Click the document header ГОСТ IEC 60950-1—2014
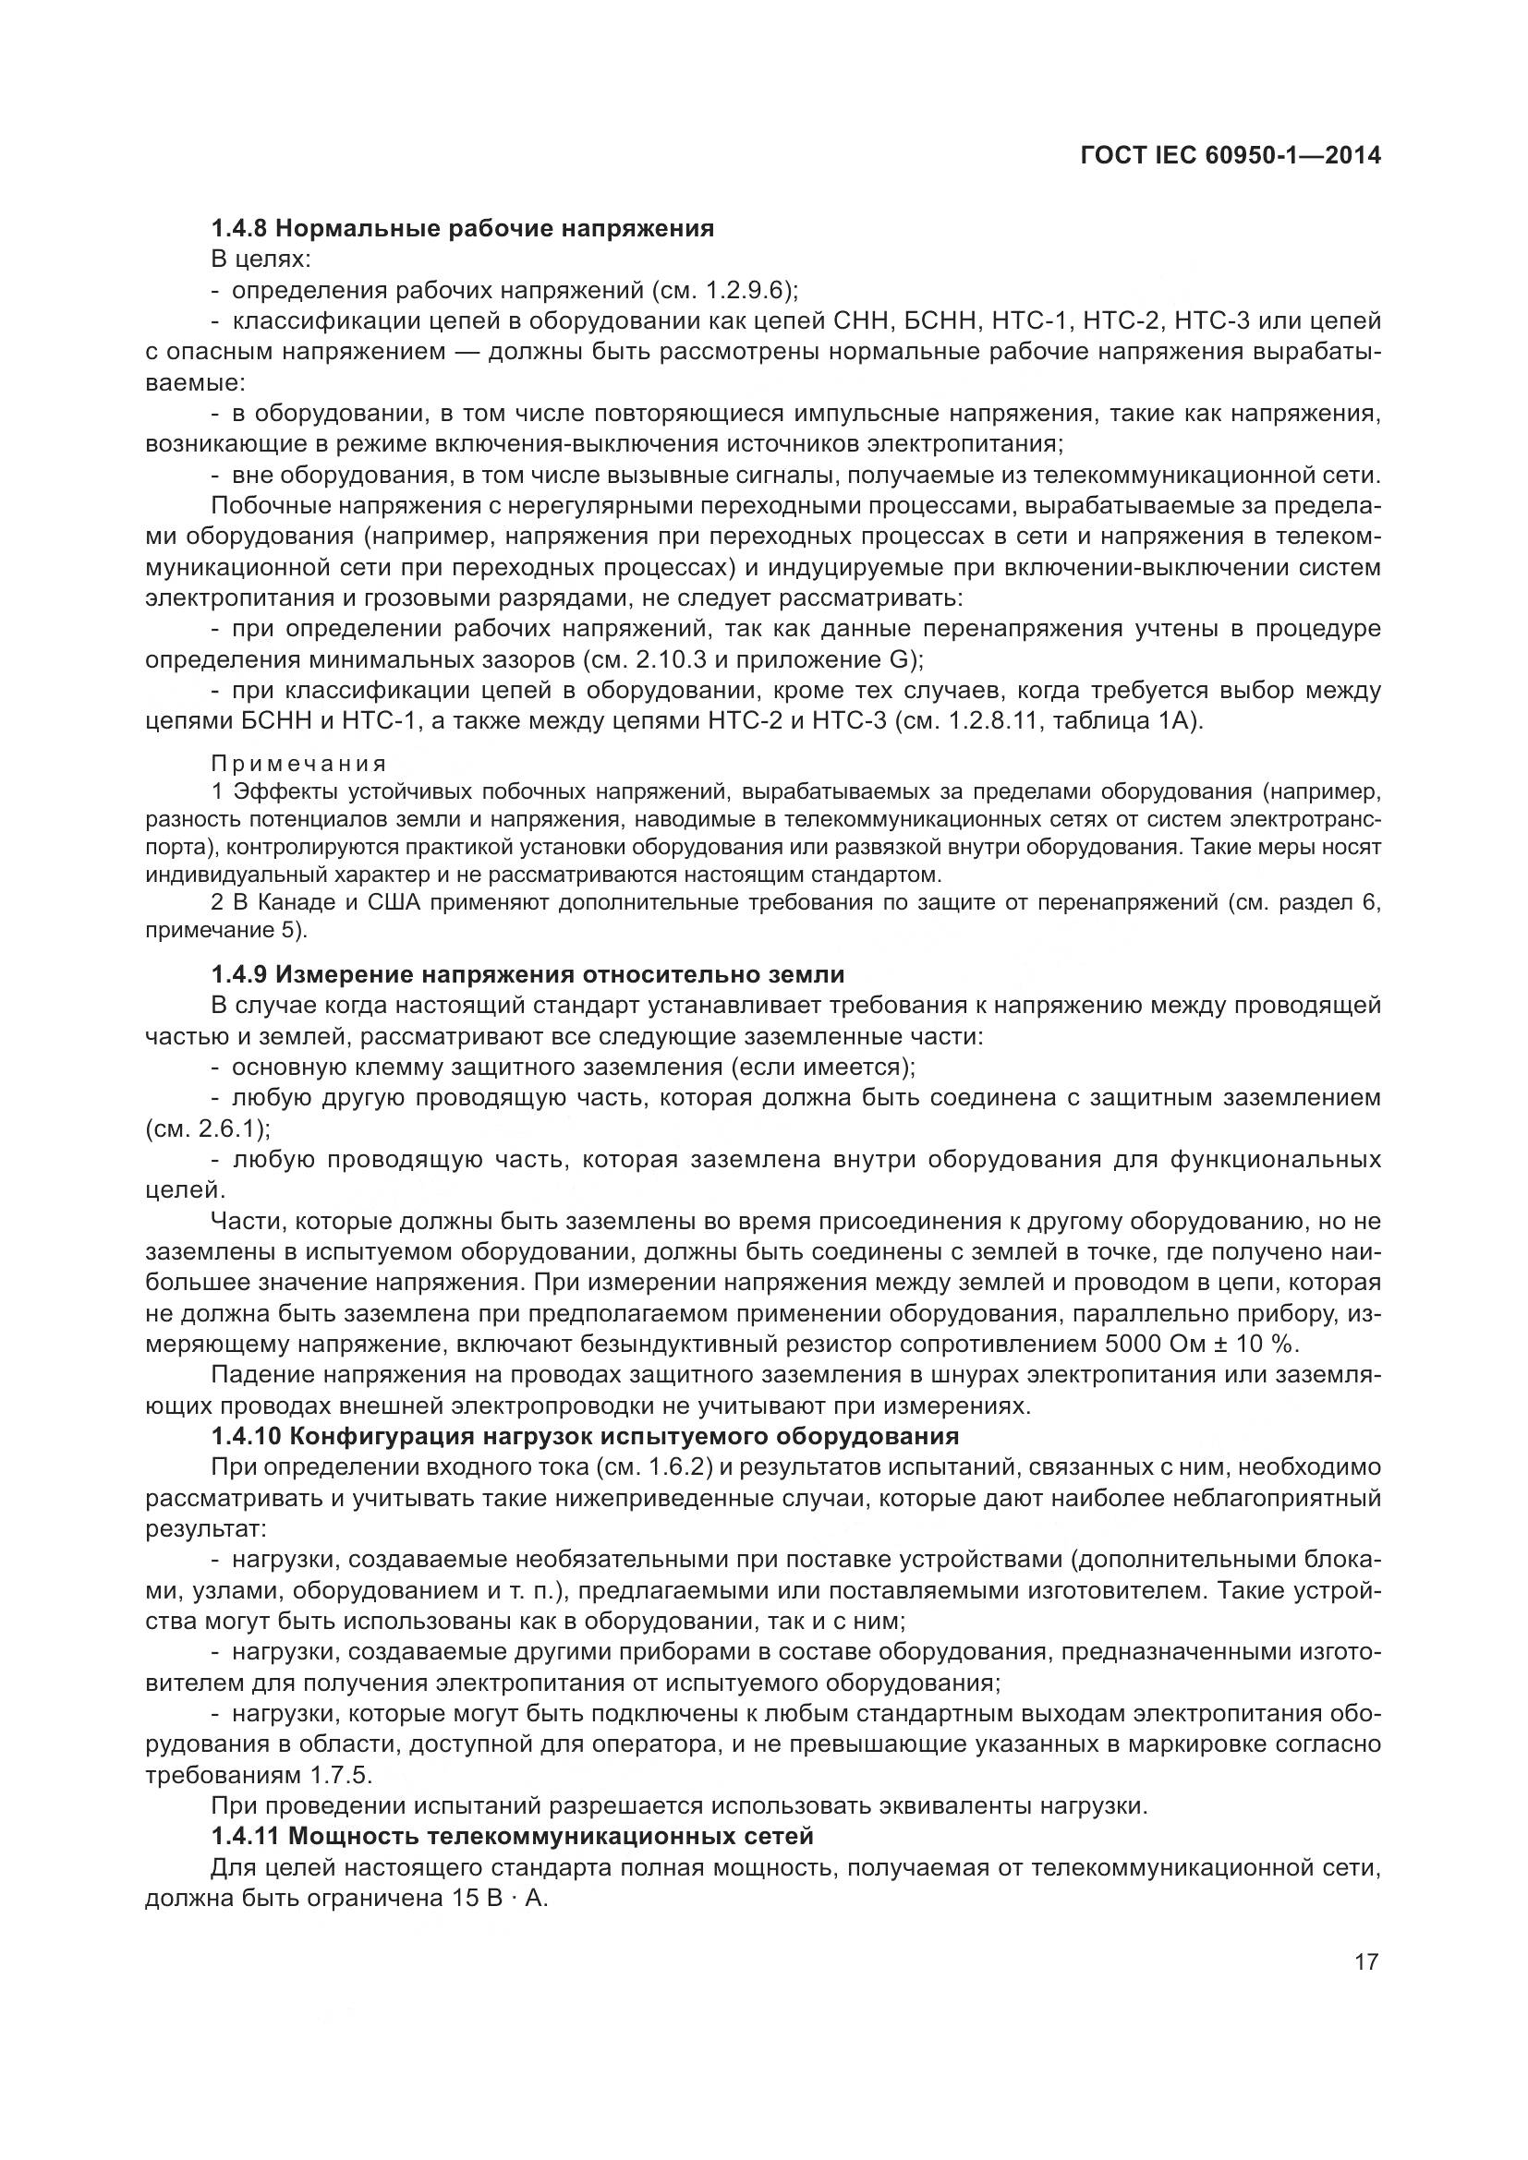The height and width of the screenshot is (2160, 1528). (1231, 156)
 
